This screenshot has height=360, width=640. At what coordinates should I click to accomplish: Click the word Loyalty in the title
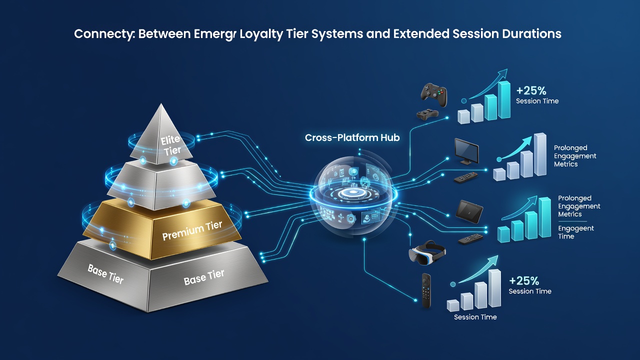[x=261, y=34]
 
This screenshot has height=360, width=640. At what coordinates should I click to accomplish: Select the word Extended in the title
[x=421, y=33]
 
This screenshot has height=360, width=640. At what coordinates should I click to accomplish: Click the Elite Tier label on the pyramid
[x=171, y=145]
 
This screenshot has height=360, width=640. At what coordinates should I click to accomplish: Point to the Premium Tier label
[x=192, y=231]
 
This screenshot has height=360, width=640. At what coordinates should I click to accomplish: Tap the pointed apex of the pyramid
[x=161, y=104]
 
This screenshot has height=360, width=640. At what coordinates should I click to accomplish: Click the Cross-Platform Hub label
[x=352, y=137]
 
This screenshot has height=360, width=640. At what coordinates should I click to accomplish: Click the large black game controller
[x=434, y=95]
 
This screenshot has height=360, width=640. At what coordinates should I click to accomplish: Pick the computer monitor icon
[x=466, y=151]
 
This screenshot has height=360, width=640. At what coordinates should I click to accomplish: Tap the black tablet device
[x=469, y=211]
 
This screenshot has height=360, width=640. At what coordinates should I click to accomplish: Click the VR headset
[x=427, y=253]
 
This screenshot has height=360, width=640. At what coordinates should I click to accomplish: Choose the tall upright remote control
[x=426, y=290]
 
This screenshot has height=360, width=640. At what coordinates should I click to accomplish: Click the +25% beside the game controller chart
[x=531, y=91]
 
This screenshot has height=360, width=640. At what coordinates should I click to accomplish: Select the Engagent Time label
[x=575, y=232]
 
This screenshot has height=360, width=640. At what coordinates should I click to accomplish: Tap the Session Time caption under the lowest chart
[x=475, y=317]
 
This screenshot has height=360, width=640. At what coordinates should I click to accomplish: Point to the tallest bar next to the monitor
[x=540, y=154]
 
